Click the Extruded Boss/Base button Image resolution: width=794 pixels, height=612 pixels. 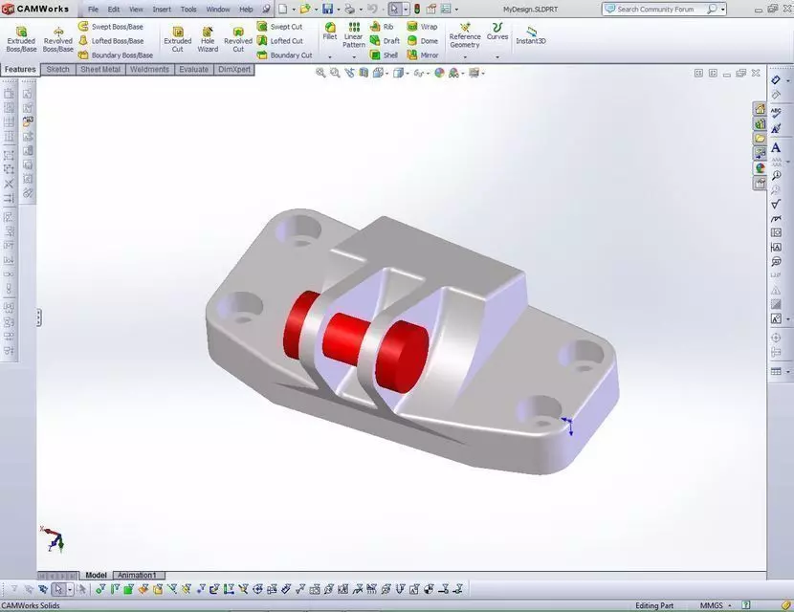[21, 37]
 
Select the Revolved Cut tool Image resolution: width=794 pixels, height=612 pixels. [238, 37]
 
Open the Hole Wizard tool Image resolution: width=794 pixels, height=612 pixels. [208, 37]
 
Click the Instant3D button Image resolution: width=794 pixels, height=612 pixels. [531, 35]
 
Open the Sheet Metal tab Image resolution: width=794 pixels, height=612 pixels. [100, 70]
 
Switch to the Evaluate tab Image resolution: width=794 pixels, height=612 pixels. [194, 70]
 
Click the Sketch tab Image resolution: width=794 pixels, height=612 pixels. [58, 70]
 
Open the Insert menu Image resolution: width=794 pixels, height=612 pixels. [162, 10]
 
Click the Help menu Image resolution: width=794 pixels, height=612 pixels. [246, 10]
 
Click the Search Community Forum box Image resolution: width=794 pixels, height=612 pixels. [660, 10]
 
